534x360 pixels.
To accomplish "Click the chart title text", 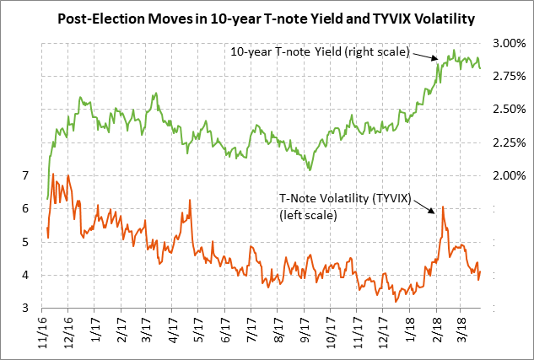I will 267,17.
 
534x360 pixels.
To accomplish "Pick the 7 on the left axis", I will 26,175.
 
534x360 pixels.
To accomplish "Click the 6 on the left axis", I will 26,208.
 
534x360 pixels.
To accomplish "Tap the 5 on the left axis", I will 26,242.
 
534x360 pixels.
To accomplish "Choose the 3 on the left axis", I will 26,309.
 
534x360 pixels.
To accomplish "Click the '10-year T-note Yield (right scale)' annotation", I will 320,52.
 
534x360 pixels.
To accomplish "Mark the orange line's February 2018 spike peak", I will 442,207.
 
